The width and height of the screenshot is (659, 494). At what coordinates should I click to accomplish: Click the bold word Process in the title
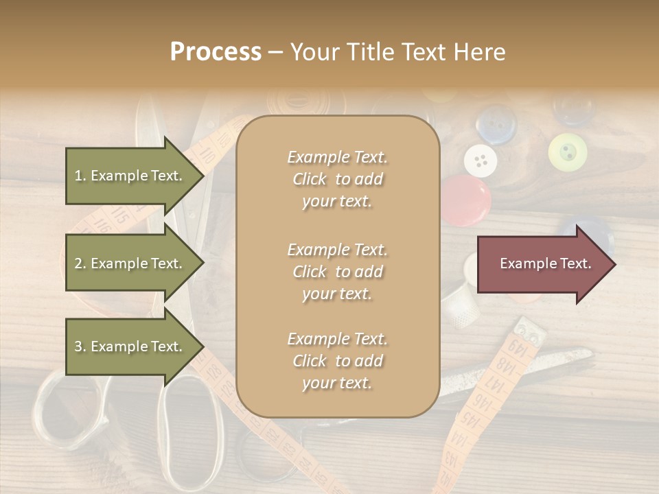coord(216,52)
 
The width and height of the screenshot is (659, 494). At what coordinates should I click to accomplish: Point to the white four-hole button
coord(481,161)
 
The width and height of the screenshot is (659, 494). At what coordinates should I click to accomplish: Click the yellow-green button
coord(568,152)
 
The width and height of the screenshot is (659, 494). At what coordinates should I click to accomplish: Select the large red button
coord(465,200)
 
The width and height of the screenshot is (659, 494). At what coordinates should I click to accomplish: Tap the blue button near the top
coord(496,123)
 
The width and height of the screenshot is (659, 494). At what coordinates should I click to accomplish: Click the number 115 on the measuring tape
coord(120,215)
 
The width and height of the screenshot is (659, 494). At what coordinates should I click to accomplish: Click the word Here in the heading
coord(480,52)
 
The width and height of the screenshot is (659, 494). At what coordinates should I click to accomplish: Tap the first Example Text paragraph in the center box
coord(338,179)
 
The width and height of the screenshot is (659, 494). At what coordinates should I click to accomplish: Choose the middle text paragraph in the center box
coord(338,272)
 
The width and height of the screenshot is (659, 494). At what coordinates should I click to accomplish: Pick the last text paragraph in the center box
coord(338,361)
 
